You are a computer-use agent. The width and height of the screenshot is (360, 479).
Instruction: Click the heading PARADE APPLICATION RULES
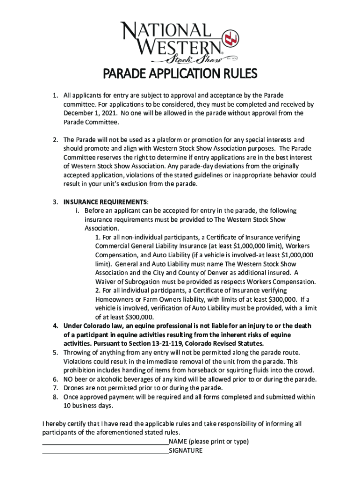tap(180, 74)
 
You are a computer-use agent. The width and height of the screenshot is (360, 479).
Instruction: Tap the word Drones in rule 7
tap(74, 388)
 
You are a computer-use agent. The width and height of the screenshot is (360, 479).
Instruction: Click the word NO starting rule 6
tap(69, 379)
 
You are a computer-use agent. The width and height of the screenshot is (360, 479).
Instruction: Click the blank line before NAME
tap(105, 442)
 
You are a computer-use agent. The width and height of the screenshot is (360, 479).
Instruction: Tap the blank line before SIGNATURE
tap(105, 451)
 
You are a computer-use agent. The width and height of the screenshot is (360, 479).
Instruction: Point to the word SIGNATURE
tap(186, 451)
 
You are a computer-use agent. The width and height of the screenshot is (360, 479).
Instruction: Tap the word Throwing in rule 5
tap(78, 352)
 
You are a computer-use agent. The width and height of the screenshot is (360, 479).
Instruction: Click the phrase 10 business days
tap(88, 406)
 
